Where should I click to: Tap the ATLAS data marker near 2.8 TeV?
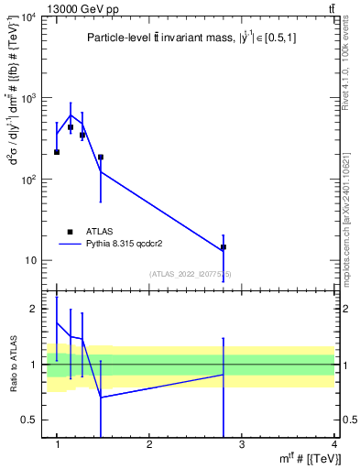(x=224, y=247)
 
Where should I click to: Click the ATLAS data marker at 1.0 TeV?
(x=57, y=152)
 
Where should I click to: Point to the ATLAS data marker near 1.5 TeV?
(x=101, y=158)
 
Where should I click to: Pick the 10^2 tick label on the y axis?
(x=30, y=180)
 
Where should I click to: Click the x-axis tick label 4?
(x=333, y=444)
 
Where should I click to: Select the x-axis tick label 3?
(x=241, y=444)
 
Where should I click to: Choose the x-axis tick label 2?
(x=148, y=444)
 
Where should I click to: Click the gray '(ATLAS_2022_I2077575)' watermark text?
(x=191, y=274)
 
